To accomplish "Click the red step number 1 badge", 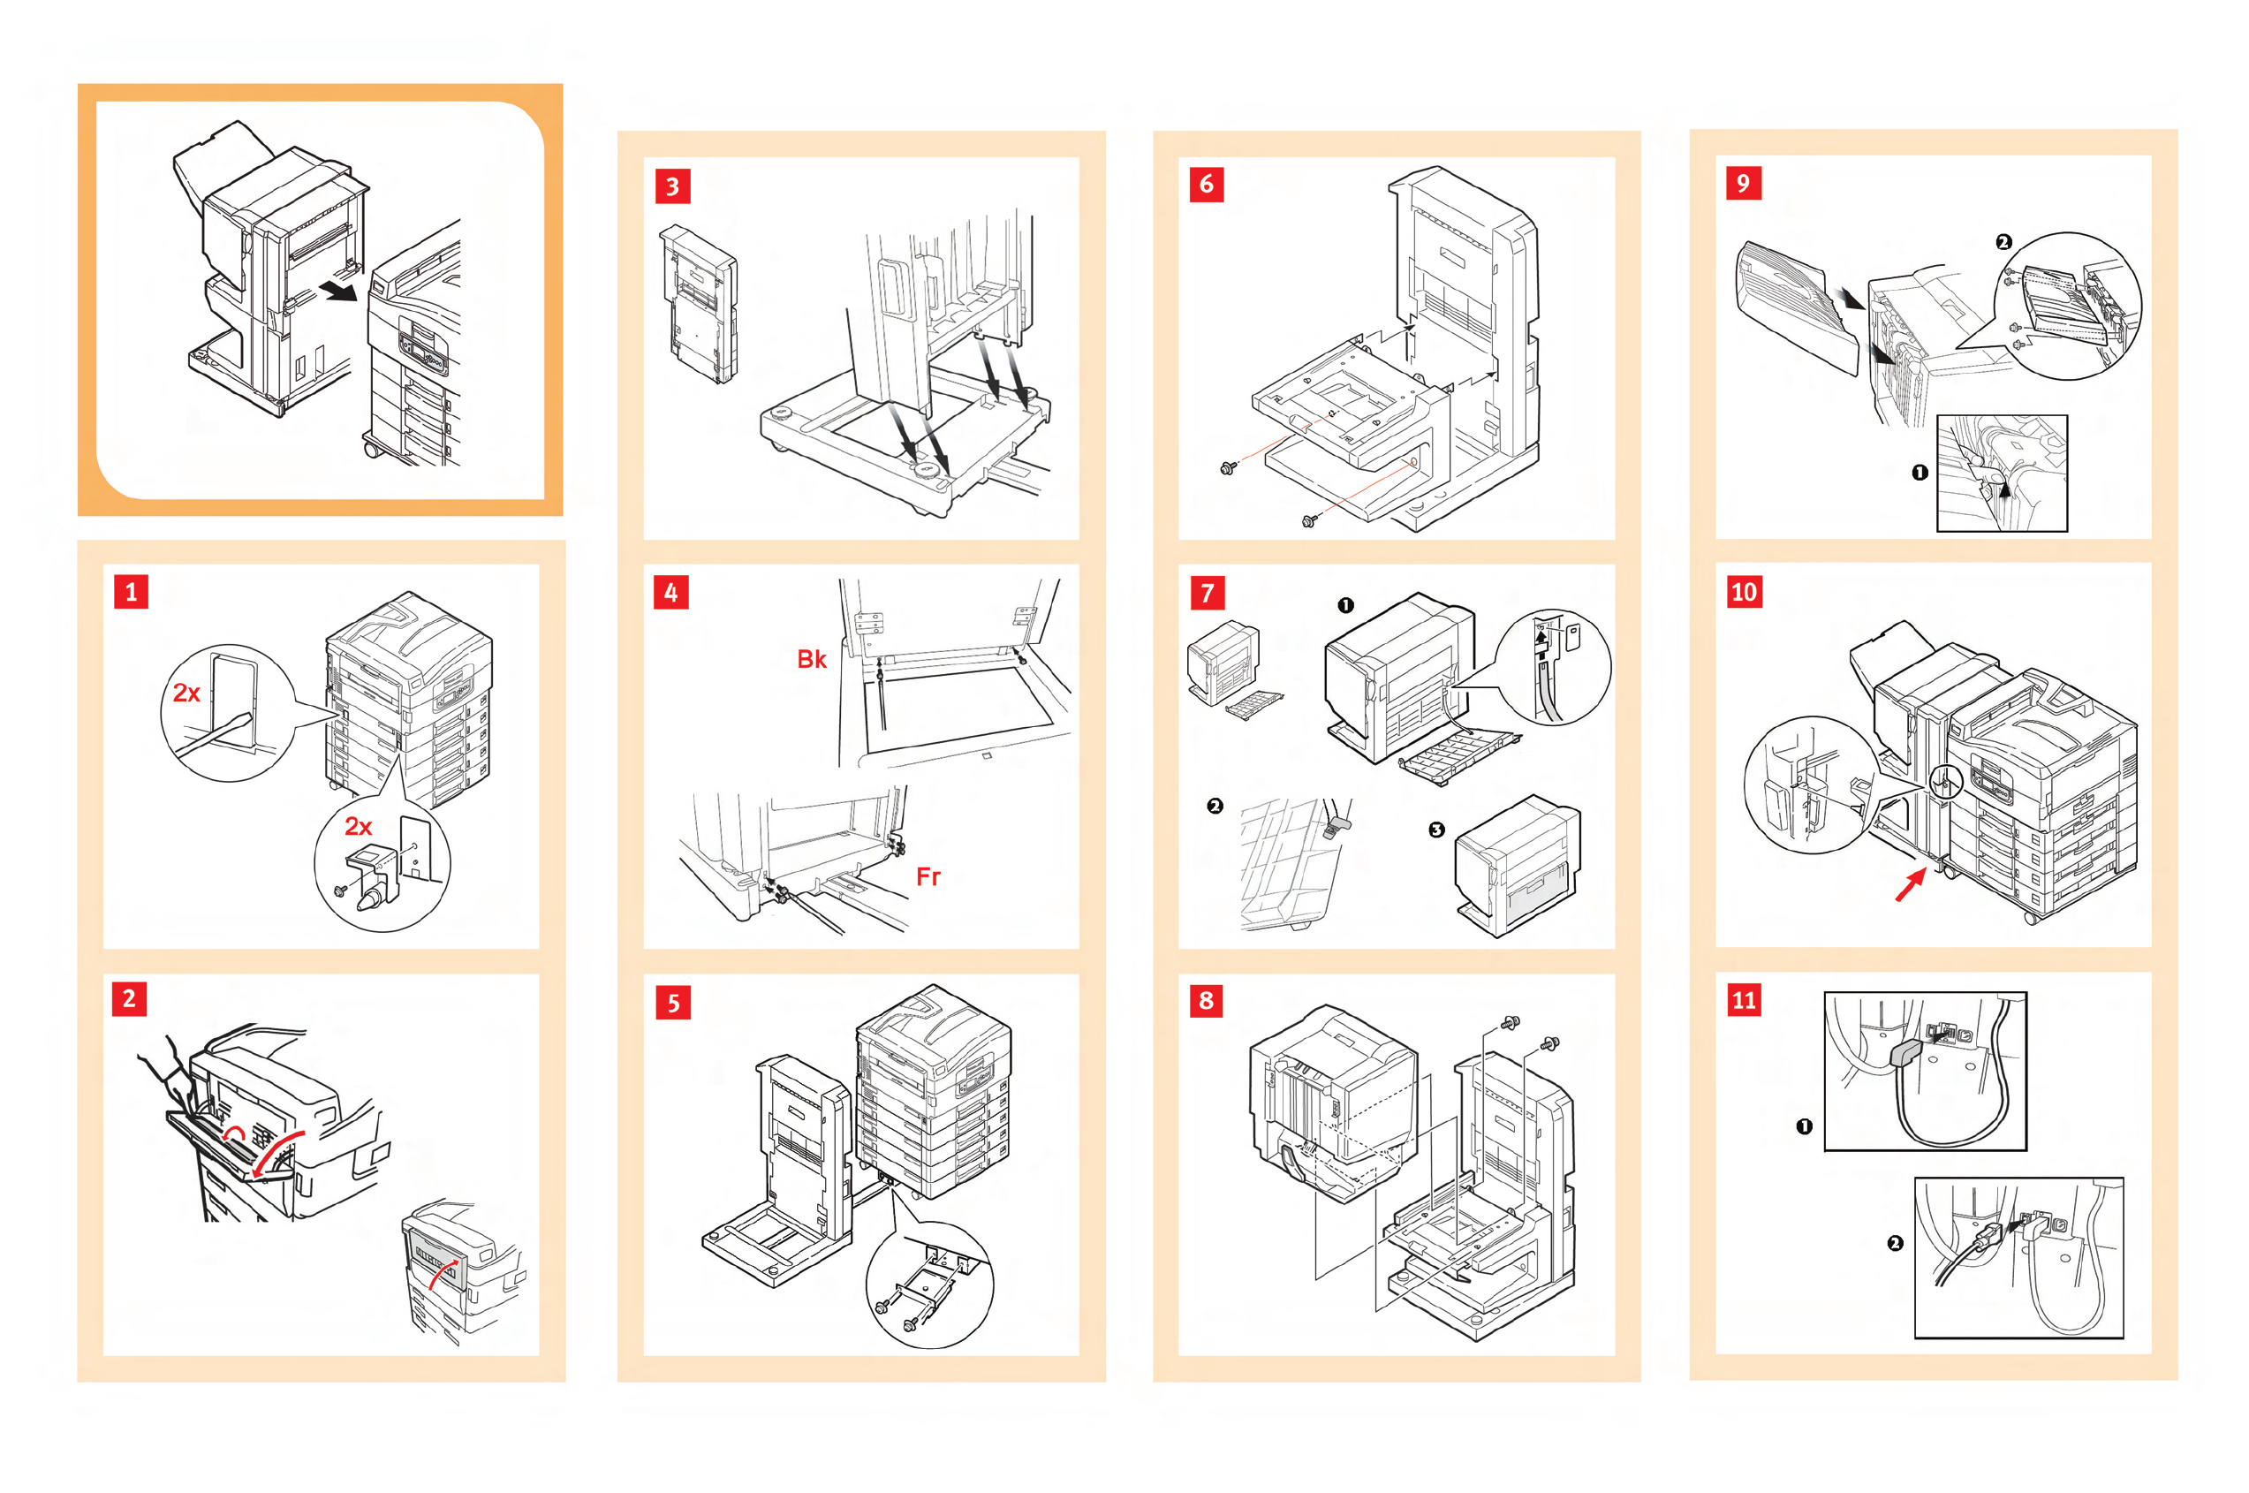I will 132,591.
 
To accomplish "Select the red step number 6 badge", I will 1207,184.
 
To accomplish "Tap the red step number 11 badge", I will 1744,1000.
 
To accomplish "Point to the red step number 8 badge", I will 1207,1000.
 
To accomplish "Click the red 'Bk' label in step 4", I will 811,659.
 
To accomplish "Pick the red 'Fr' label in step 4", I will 928,876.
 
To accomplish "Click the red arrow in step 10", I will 1909,885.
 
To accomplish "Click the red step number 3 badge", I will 672,186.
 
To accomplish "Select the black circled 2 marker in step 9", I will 2003,243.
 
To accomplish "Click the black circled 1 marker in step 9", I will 1920,473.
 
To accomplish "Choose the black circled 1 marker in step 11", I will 1804,1126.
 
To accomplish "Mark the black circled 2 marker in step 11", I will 1895,1244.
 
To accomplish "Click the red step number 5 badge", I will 672,1003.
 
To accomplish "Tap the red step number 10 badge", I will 1744,592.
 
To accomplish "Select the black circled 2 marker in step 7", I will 1214,807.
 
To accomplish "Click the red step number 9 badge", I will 1743,183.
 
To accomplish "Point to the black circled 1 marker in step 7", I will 1344,605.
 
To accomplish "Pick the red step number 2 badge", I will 130,999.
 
